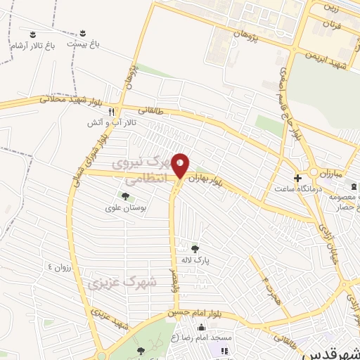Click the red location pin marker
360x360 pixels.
tap(181, 165)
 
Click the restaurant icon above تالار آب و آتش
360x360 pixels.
tap(110, 111)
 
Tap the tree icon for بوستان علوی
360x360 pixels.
tap(124, 196)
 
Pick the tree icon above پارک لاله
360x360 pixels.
tap(195, 248)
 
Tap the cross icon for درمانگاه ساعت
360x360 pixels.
tap(297, 177)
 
